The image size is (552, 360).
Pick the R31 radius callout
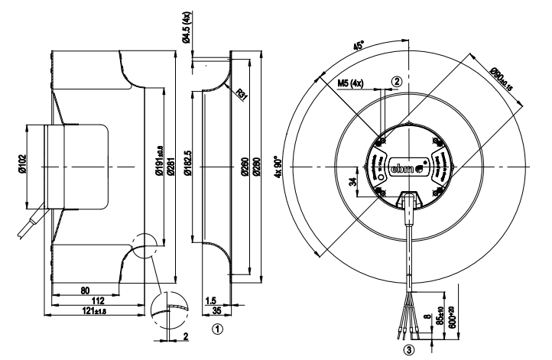coord(242,96)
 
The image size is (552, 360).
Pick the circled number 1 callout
coord(218,330)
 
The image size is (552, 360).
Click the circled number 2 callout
coord(396,80)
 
